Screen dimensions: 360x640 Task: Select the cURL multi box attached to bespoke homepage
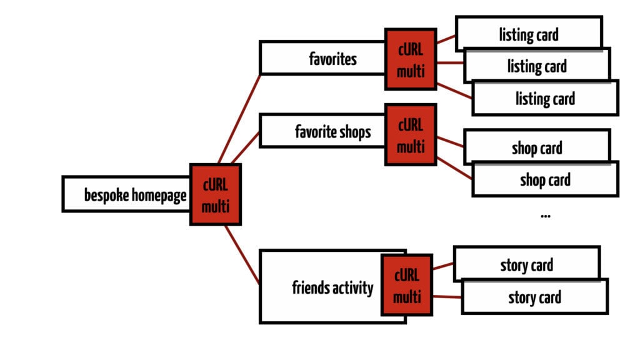[215, 194]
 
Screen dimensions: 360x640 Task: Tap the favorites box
[322, 58]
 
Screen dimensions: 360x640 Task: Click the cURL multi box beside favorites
[410, 59]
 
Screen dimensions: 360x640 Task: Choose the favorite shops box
[322, 131]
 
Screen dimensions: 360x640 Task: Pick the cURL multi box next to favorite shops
[410, 134]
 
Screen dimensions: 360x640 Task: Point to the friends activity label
[332, 288]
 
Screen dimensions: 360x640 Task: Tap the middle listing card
[536, 66]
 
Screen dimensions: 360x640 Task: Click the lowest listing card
[545, 98]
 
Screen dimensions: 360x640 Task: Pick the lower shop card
[545, 180]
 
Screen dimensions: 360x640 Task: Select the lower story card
[534, 297]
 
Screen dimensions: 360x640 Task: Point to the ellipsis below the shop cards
[545, 216]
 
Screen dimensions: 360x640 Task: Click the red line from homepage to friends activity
[242, 255]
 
